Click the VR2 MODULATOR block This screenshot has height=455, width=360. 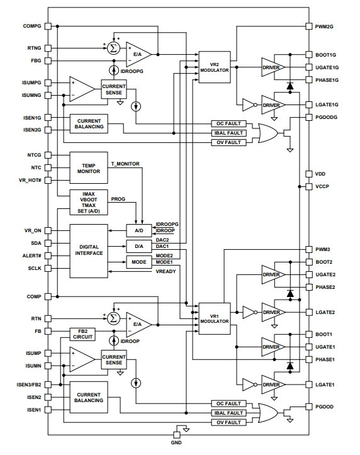pyautogui.click(x=215, y=67)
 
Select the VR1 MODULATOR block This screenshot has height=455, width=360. pyautogui.click(x=215, y=318)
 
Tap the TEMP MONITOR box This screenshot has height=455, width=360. pyautogui.click(x=89, y=168)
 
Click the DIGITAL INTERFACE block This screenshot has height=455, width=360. pyautogui.click(x=89, y=251)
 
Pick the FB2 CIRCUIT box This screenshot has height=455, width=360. pyautogui.click(x=82, y=334)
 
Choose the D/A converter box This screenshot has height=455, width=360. pyautogui.click(x=139, y=246)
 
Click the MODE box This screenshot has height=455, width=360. pyautogui.click(x=139, y=262)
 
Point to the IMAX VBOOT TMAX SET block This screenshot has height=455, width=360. pyautogui.click(x=89, y=203)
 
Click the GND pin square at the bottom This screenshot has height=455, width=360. pyautogui.click(x=177, y=435)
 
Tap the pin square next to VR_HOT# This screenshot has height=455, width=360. pyautogui.click(x=48, y=180)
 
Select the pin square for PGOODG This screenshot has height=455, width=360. pyautogui.click(x=309, y=117)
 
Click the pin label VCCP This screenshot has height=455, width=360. pyautogui.click(x=322, y=186)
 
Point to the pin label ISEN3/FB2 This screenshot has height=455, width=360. pyautogui.click(x=29, y=385)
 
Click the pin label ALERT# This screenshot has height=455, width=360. pyautogui.click(x=32, y=256)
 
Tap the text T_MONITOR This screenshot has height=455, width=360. pyautogui.click(x=125, y=164)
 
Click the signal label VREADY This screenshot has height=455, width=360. pyautogui.click(x=166, y=272)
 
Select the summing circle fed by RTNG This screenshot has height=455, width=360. pyautogui.click(x=113, y=48)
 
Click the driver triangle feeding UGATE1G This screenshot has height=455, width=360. pyautogui.click(x=273, y=67)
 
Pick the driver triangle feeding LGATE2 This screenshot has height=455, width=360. pyautogui.click(x=273, y=312)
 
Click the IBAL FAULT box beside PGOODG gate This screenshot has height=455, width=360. pyautogui.click(x=229, y=133)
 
